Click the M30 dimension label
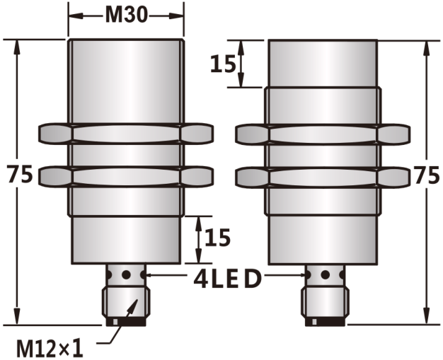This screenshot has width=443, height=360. coord(126,15)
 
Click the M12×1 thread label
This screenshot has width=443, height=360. coord(50,349)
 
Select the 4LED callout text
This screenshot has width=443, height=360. coord(227,279)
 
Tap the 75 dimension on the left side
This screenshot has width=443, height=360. coord(20,175)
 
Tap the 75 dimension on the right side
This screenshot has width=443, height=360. coord(427,175)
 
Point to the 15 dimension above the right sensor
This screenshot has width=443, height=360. coord(223,64)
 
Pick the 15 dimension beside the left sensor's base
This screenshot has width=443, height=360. coord(217,237)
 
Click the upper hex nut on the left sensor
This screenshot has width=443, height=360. coord(126,133)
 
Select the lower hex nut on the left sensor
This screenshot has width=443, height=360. coord(126,177)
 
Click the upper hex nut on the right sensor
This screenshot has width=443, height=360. coord(323,134)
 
